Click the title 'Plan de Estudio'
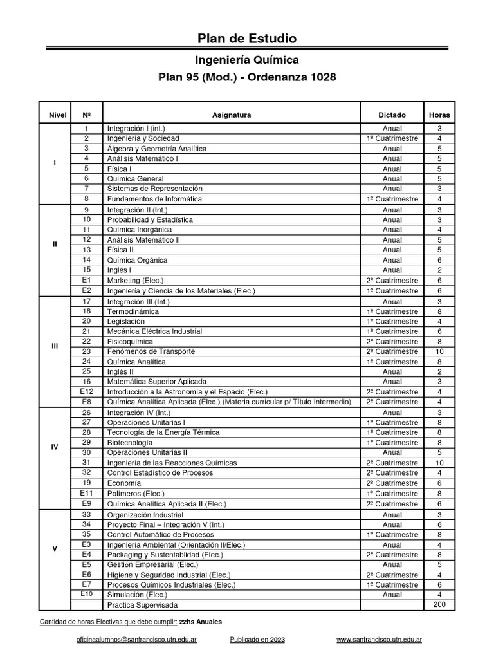click(247, 39)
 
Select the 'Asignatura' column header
click(231, 115)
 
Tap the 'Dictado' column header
click(392, 115)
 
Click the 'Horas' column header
click(439, 115)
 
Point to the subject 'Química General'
click(135, 179)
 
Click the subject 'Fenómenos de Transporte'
click(151, 352)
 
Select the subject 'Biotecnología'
click(130, 443)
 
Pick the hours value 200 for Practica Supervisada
click(439, 606)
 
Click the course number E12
click(87, 392)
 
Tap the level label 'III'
click(55, 346)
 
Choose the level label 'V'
click(55, 549)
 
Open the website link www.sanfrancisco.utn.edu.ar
click(380, 641)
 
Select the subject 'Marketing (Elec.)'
click(135, 281)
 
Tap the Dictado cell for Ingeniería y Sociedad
click(392, 138)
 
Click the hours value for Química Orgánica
click(439, 260)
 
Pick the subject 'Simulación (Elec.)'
click(137, 595)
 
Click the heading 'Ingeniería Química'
click(247, 60)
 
